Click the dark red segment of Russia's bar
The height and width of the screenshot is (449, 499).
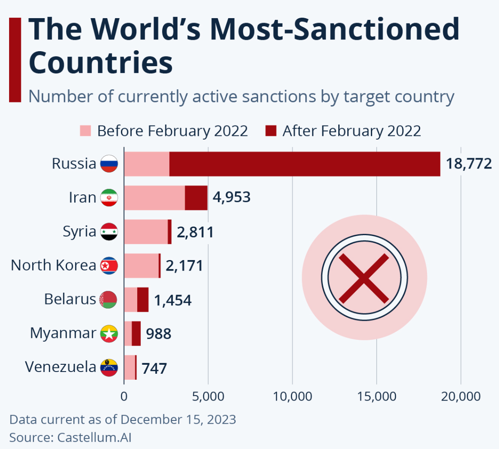304,164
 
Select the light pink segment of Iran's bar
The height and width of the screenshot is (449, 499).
154,198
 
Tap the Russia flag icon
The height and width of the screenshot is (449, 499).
109,164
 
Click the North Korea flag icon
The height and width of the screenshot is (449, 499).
109,266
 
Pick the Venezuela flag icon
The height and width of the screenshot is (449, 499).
109,367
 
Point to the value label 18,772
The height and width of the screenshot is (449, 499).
469,164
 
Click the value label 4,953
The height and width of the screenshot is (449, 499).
231,198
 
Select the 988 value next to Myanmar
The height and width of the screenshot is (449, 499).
158,334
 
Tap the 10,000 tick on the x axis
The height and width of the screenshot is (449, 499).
293,396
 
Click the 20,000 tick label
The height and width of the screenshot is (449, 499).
461,396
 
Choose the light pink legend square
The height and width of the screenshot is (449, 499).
86,131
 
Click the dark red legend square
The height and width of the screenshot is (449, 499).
271,131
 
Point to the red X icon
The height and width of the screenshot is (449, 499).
364,278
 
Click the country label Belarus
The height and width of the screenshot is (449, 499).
70,299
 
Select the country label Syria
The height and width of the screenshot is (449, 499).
80,232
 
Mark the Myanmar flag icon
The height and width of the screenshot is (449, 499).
109,334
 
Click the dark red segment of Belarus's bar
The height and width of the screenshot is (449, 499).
143,299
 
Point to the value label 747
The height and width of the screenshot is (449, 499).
154,368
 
